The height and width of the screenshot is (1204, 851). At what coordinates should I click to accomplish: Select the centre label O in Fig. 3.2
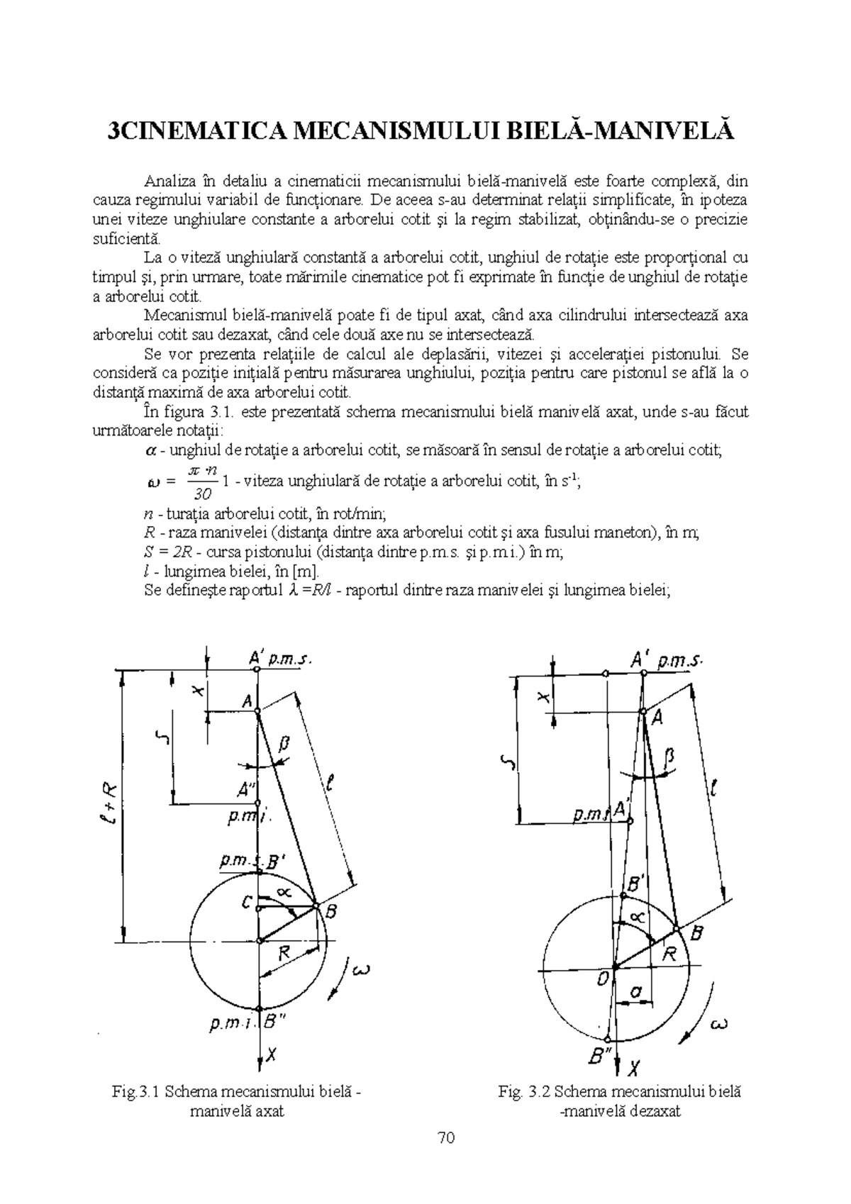click(x=604, y=980)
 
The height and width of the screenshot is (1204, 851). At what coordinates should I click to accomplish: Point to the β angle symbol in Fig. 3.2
click(x=668, y=758)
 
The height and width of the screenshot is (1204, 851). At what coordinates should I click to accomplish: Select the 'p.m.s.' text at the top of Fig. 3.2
click(x=679, y=662)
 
